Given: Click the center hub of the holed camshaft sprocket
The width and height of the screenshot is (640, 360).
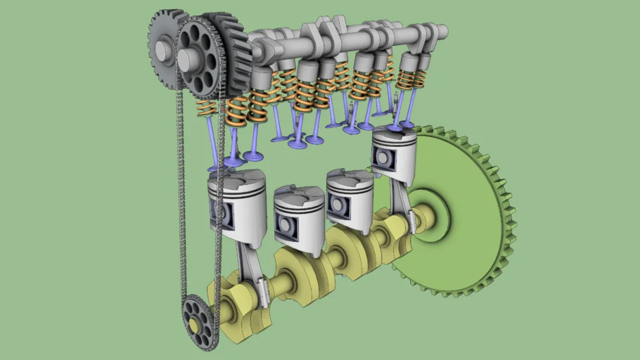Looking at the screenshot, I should coord(188,60).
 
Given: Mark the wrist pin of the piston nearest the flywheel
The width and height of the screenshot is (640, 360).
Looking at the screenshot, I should coord(384,159).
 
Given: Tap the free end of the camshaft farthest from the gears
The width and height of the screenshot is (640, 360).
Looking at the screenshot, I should coord(441,31).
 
